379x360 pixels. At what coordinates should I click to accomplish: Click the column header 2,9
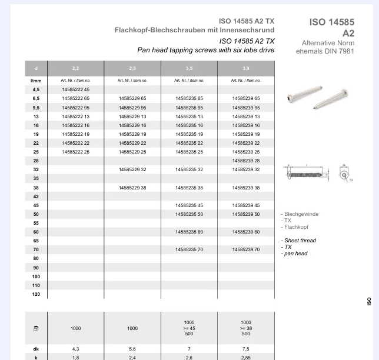click(x=132, y=69)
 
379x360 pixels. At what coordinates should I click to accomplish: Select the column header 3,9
click(x=246, y=69)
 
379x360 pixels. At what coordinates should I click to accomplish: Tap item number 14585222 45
click(x=75, y=89)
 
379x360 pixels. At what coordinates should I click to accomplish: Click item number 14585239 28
click(x=246, y=161)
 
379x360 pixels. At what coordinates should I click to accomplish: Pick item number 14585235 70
click(x=189, y=249)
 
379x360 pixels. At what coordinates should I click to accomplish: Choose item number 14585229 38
click(x=132, y=188)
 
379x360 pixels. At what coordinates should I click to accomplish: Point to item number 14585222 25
click(x=75, y=152)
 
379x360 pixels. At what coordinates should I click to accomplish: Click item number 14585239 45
click(x=246, y=205)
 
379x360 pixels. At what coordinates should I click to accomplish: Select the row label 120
click(x=36, y=294)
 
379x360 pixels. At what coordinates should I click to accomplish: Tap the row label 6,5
click(x=36, y=98)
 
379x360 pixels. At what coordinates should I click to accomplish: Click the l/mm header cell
click(x=36, y=80)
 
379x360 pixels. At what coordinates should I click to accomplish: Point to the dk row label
click(x=36, y=348)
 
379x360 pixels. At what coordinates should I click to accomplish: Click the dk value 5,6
click(x=132, y=348)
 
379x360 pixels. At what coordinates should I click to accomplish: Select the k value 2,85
click(x=246, y=356)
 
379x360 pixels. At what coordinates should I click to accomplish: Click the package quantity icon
click(x=36, y=328)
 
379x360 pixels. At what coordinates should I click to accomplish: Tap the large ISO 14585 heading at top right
click(x=332, y=22)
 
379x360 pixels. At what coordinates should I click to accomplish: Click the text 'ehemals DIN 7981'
click(x=326, y=51)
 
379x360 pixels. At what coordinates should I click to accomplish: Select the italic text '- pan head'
click(x=294, y=254)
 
